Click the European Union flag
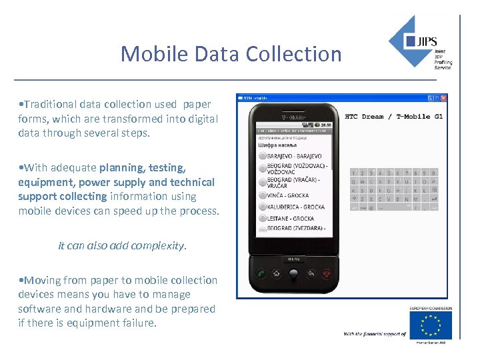click(x=430, y=325)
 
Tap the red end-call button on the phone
click(x=327, y=273)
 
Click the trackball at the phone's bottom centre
click(x=293, y=272)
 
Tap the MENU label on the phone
click(x=293, y=259)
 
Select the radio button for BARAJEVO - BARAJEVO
click(x=262, y=156)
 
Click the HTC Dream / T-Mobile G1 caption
click(x=393, y=117)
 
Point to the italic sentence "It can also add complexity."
click(x=123, y=245)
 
